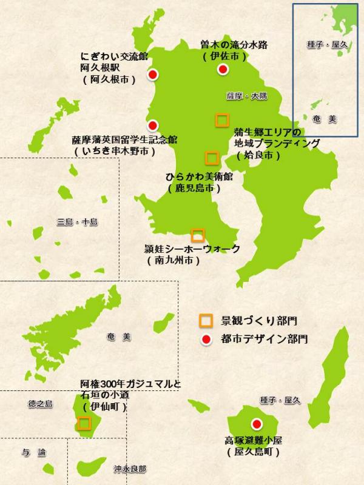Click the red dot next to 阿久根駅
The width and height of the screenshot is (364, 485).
point(153,75)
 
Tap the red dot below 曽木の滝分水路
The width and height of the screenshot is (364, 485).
point(223,70)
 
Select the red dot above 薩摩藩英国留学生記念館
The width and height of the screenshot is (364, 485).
point(153,125)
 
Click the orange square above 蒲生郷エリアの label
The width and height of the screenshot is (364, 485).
point(221,120)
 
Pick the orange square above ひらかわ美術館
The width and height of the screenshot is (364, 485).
point(212,158)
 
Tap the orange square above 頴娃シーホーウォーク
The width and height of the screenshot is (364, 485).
point(197,235)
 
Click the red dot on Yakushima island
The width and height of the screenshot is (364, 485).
point(257,424)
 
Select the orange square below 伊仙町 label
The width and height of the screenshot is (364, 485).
point(84,423)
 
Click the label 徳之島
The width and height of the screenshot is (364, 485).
point(40,404)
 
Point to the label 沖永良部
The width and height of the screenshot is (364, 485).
point(129,469)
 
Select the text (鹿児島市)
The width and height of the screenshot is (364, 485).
point(194,189)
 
